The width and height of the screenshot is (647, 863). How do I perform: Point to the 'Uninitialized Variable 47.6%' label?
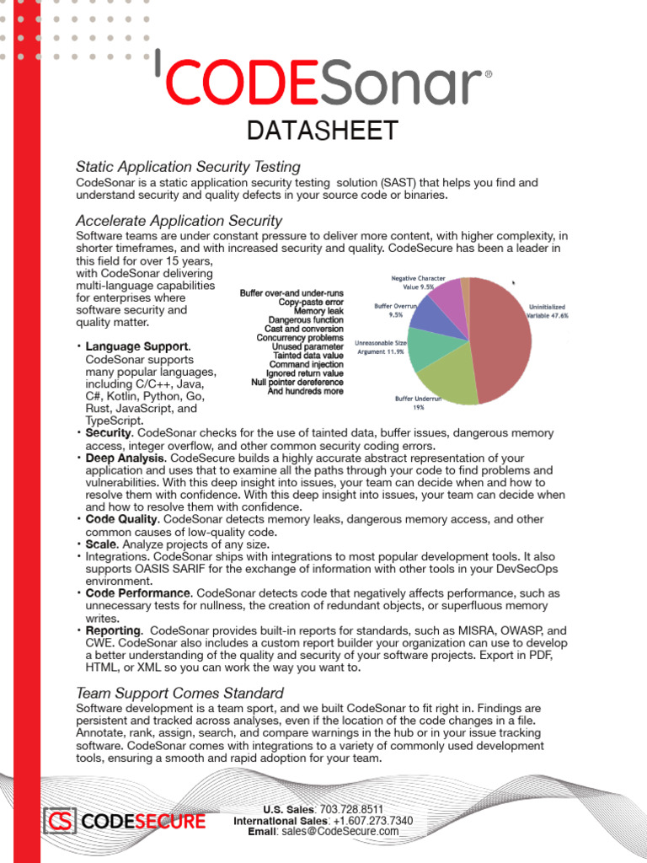(548, 311)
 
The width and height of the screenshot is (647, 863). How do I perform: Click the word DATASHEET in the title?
(322, 131)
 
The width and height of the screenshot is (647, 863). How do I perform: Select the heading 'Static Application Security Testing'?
(188, 167)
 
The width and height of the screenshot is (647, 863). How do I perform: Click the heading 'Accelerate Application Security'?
(179, 221)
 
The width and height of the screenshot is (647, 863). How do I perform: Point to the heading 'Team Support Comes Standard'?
(179, 693)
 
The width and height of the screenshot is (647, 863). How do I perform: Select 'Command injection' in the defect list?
(300, 364)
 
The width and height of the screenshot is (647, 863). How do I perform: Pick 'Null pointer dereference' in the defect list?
(297, 382)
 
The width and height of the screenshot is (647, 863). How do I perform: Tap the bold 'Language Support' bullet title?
(137, 346)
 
